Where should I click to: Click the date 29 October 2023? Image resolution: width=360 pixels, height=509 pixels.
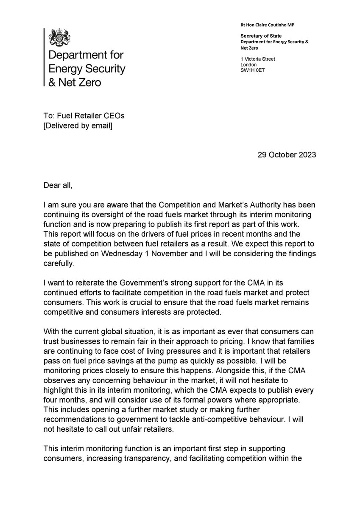(x=287, y=155)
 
